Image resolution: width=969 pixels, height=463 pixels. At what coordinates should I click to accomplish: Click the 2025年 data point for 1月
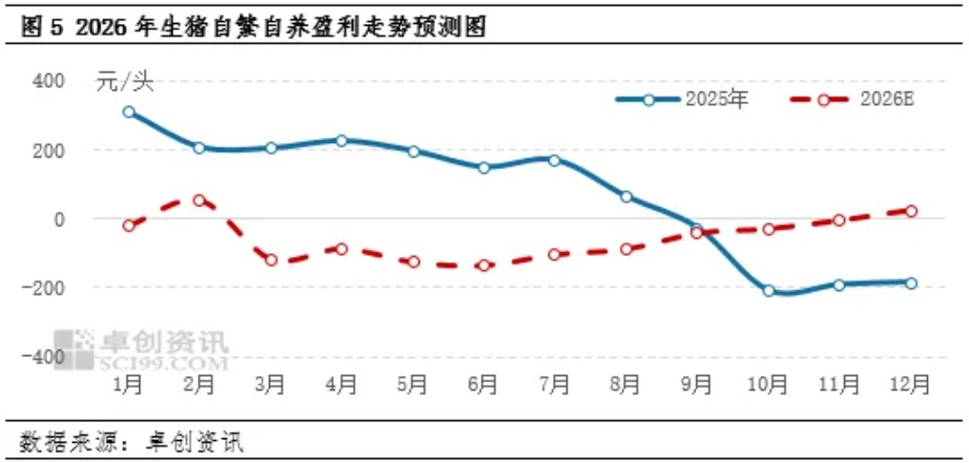[129, 112]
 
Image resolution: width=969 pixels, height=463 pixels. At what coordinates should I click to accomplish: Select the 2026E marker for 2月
[199, 200]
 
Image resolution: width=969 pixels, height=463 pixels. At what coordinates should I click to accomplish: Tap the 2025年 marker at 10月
[769, 290]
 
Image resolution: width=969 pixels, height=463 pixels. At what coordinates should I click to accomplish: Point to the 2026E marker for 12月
[911, 211]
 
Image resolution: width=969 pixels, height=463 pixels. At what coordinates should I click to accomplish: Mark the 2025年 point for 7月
[555, 159]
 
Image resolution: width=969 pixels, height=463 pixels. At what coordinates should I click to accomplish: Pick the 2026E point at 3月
[271, 260]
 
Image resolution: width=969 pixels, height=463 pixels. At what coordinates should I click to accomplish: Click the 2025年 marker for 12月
[911, 283]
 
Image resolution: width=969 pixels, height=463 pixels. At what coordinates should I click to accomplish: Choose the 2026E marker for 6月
[484, 265]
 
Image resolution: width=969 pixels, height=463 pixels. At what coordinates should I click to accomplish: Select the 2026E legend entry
[853, 99]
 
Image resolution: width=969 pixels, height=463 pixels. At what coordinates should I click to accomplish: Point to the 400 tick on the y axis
[48, 81]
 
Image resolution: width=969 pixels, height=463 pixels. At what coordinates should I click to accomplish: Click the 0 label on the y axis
[57, 219]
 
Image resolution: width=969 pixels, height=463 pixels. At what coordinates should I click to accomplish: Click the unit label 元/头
[124, 82]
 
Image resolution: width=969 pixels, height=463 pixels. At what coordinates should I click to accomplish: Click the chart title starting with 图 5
[253, 28]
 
